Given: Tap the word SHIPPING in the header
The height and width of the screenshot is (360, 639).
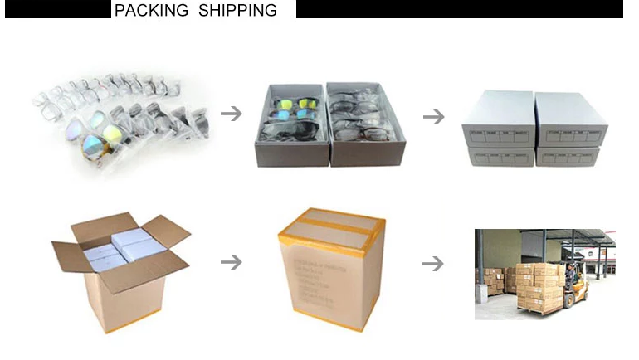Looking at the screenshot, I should [237, 11].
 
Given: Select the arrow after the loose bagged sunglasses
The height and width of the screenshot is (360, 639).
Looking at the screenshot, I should [232, 114].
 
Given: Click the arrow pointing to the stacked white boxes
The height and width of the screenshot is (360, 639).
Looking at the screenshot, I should [433, 117].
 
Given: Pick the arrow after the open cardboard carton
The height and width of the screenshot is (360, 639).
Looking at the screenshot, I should [232, 262].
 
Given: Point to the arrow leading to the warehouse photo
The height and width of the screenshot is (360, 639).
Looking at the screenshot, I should [433, 264].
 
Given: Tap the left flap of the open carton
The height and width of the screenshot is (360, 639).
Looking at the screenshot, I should [70, 258].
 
